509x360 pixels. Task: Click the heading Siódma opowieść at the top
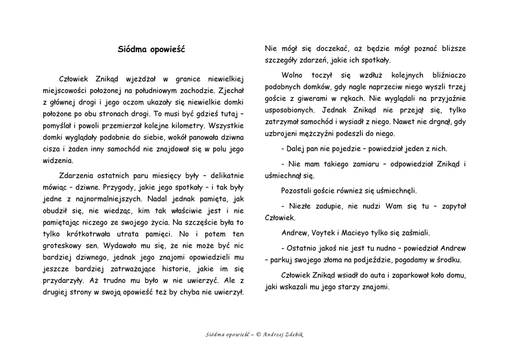pos(151,49)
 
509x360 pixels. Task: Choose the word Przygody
pos(118,187)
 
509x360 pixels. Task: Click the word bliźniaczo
pos(447,75)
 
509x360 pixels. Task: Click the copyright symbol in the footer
pos(258,334)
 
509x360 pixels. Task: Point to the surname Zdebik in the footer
pos(293,334)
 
